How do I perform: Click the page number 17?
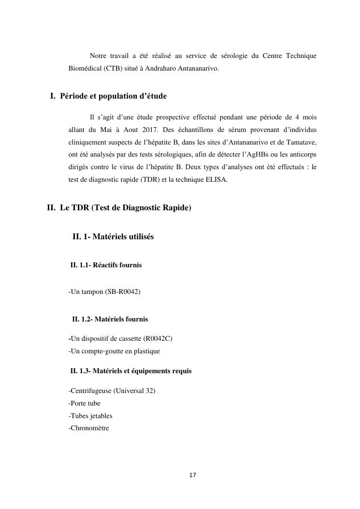[x=192, y=475]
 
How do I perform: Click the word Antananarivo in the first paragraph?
[x=199, y=68]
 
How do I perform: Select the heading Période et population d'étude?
[x=113, y=96]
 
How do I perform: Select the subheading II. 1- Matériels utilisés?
[x=113, y=237]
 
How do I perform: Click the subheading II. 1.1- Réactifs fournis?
[x=106, y=265]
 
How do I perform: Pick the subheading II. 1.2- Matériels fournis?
[x=110, y=319]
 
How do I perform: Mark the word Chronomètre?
[x=90, y=428]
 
